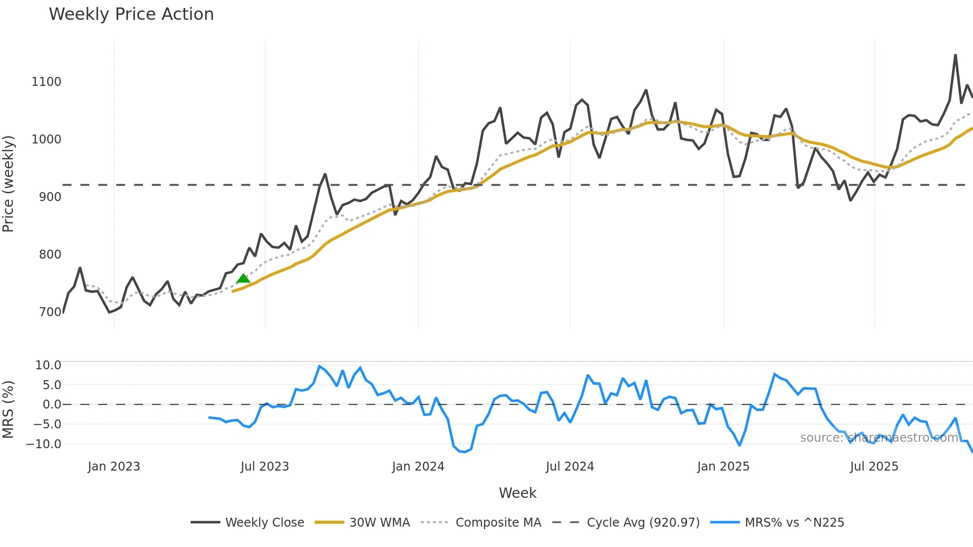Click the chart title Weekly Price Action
coord(131,14)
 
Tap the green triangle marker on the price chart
coord(243,278)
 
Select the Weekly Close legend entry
coord(265,523)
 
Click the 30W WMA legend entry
coord(379,523)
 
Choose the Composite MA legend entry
coord(498,523)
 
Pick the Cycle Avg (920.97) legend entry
coord(643,523)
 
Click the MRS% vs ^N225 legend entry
coord(794,523)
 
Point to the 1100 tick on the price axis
coord(46,82)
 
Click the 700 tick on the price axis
coord(50,312)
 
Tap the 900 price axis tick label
coord(50,197)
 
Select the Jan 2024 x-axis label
coord(418,467)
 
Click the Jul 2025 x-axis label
coord(874,467)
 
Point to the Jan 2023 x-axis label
coord(114,467)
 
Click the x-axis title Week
coord(517,493)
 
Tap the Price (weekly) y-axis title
coord(8,184)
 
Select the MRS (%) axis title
coord(8,410)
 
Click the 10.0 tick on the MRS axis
coord(48,365)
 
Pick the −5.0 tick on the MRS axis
coord(44,424)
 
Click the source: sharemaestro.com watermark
coord(879,438)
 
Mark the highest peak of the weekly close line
coord(956,55)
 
